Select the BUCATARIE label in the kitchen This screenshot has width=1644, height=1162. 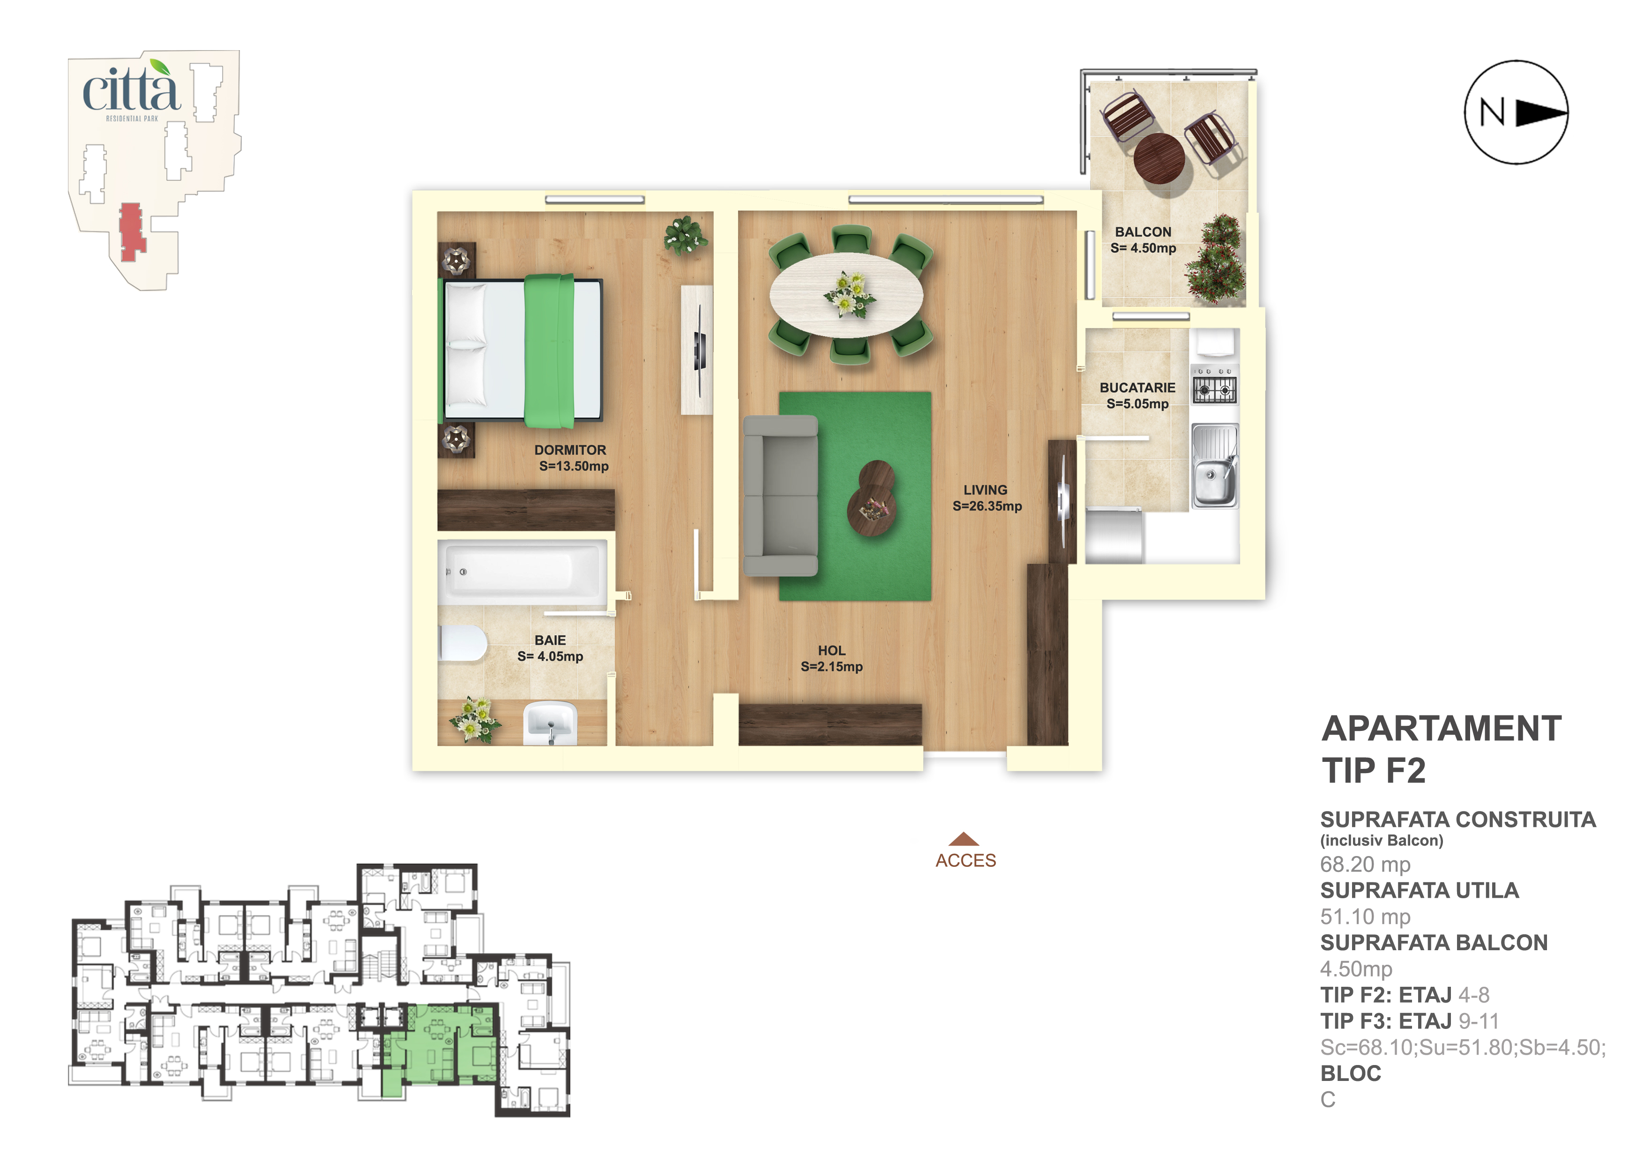[x=1138, y=388]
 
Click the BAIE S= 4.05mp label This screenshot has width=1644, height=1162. [x=550, y=648]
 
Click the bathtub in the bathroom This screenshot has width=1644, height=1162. [x=522, y=572]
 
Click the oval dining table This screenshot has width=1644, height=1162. [x=846, y=294]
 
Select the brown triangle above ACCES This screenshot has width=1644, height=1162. [x=964, y=839]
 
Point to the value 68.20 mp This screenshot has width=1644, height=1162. [x=1365, y=865]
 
